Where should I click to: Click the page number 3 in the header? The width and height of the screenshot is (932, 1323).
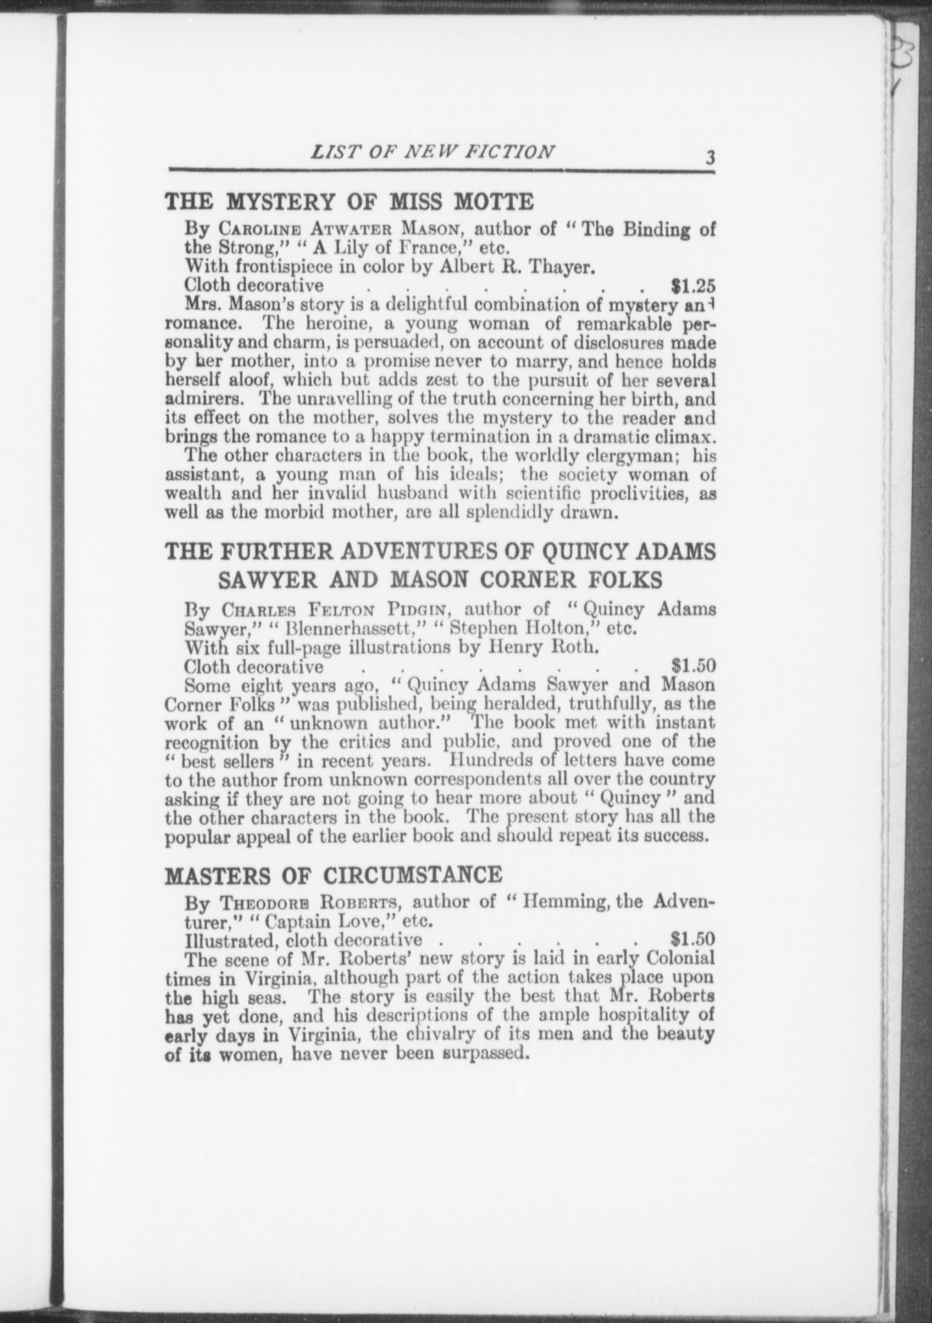(x=709, y=158)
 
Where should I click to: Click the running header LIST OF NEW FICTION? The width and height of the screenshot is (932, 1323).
(x=433, y=152)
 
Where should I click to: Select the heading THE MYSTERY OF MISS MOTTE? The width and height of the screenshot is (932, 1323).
(x=349, y=202)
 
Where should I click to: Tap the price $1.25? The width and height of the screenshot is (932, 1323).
(x=693, y=285)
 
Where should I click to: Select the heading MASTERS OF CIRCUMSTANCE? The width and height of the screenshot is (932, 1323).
(x=333, y=874)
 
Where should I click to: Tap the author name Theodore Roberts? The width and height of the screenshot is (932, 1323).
(x=311, y=902)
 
